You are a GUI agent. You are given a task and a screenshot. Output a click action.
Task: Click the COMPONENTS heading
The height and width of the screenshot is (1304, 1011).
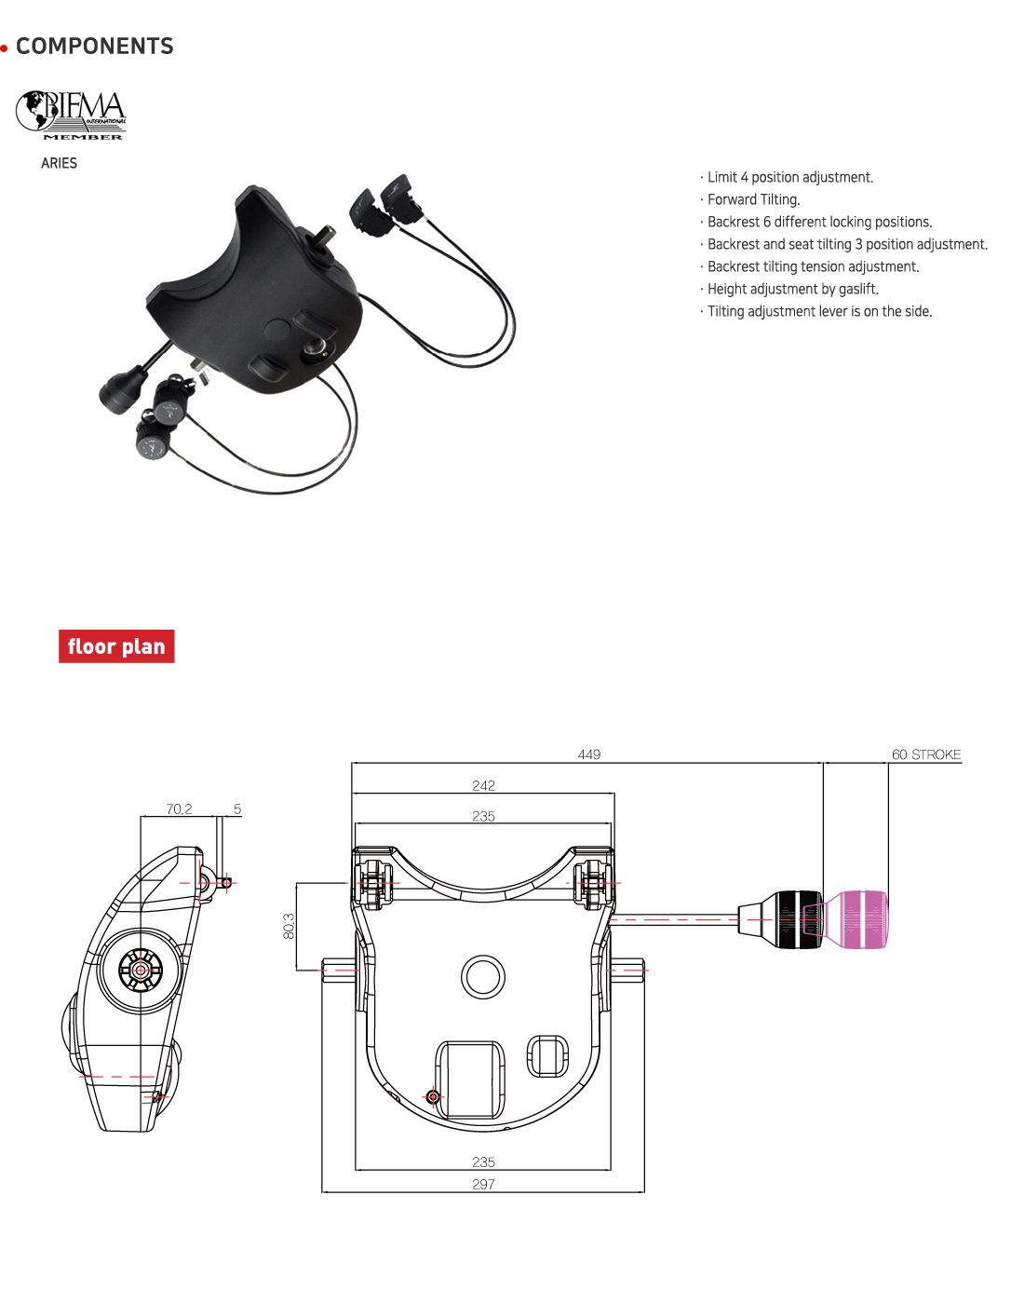(94, 47)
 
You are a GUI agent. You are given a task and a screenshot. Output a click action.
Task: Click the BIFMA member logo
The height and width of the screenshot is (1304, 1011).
(71, 115)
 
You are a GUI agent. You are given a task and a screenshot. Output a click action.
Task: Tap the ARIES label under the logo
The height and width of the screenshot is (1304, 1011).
(59, 163)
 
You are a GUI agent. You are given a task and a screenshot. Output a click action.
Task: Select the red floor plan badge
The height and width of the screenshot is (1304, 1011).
(116, 645)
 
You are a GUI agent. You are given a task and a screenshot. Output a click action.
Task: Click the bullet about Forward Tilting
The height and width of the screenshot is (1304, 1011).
(749, 199)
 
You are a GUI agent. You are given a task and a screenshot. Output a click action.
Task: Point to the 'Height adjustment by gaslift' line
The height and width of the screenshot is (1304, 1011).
(789, 289)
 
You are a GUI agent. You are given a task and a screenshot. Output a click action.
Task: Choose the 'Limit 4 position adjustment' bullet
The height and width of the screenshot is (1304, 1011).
(786, 177)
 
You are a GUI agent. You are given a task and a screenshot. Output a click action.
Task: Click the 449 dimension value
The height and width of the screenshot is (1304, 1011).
(589, 754)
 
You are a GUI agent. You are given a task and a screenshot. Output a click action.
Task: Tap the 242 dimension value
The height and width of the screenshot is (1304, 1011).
(483, 785)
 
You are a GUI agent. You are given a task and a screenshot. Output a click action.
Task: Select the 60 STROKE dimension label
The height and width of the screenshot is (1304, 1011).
(926, 754)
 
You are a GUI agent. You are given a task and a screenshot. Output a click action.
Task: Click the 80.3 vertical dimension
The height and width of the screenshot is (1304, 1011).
(289, 926)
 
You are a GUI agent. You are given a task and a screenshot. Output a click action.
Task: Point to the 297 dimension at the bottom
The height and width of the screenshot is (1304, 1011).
(483, 1184)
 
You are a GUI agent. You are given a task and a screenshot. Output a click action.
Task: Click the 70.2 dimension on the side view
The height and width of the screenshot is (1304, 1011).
(179, 808)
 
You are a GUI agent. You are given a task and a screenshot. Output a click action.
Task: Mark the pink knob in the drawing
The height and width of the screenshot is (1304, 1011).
(856, 919)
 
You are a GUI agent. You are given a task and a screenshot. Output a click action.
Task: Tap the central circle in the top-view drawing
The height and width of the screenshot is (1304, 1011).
(483, 977)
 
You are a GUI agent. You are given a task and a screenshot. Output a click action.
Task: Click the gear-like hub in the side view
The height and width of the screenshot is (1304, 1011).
(141, 971)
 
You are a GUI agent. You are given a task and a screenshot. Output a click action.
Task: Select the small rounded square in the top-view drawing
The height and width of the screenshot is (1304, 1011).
(546, 1055)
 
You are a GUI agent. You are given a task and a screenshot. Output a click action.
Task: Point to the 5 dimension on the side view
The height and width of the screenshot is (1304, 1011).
(237, 808)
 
